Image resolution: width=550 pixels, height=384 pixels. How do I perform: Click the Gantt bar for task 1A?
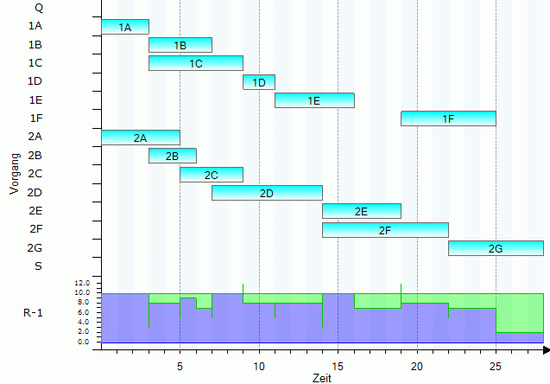tap(125, 27)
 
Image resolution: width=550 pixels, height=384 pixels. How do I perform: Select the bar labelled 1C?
tap(196, 63)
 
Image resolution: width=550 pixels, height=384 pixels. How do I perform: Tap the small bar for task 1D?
tap(259, 82)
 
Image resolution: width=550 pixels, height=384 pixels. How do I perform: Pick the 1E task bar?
tap(314, 100)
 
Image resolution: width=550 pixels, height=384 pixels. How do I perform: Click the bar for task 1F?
tap(448, 118)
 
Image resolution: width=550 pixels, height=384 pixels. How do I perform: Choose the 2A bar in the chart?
tap(141, 138)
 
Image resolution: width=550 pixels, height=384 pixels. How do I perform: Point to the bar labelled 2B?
tap(173, 156)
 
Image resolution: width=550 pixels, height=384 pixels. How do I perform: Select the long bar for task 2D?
tap(267, 193)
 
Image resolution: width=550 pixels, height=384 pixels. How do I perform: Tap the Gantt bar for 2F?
tap(385, 229)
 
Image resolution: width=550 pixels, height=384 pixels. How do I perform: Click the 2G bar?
tap(496, 248)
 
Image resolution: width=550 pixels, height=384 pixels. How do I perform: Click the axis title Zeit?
tap(321, 378)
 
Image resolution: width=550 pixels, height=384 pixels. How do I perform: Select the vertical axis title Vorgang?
tap(14, 173)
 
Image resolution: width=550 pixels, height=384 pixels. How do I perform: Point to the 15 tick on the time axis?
tap(338, 366)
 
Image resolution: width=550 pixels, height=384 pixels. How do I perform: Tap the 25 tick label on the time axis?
tap(496, 366)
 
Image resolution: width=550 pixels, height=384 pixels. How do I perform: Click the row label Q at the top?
tap(37, 7)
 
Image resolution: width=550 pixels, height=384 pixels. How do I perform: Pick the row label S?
tap(37, 266)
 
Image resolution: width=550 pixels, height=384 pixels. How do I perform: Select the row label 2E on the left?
tap(35, 210)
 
